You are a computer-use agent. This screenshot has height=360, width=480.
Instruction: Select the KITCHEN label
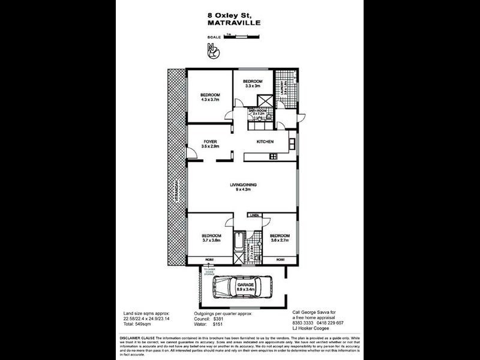click(265, 142)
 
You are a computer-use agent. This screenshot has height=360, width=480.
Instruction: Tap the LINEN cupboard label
click(254, 215)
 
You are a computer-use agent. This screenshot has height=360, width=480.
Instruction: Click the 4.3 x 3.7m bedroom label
click(210, 97)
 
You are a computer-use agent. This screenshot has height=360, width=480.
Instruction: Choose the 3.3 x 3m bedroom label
click(253, 83)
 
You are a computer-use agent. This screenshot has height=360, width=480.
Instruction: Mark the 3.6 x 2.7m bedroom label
click(279, 238)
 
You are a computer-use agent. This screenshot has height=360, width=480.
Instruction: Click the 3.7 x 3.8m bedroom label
click(211, 238)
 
